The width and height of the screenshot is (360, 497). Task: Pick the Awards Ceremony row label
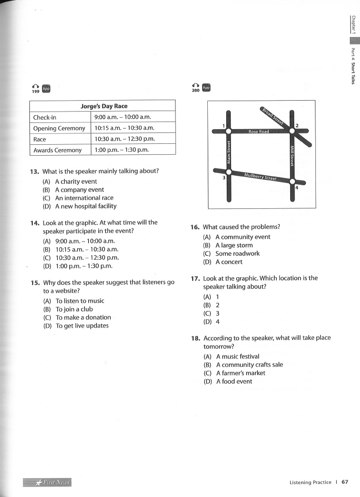pyautogui.click(x=57, y=150)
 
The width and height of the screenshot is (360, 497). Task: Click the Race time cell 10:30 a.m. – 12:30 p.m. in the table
pyautogui.click(x=125, y=139)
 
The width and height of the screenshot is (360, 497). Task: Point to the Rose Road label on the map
pyautogui.click(x=259, y=131)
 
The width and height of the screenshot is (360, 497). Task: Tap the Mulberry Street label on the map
pyautogui.click(x=260, y=177)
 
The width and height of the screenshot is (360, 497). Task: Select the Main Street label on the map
pyautogui.click(x=229, y=152)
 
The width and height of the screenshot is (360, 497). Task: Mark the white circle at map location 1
pyautogui.click(x=228, y=131)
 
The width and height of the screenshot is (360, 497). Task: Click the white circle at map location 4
pyautogui.click(x=292, y=182)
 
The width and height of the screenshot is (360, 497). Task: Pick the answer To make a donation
pyautogui.click(x=83, y=317)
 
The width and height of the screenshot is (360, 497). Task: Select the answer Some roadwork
pyautogui.click(x=237, y=253)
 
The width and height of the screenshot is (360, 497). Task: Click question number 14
pyautogui.click(x=35, y=223)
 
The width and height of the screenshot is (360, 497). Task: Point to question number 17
pyautogui.click(x=195, y=279)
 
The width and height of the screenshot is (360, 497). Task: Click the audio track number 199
pyautogui.click(x=35, y=91)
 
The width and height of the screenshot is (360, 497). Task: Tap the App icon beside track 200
pyautogui.click(x=206, y=88)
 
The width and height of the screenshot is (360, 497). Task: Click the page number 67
pyautogui.click(x=345, y=482)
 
